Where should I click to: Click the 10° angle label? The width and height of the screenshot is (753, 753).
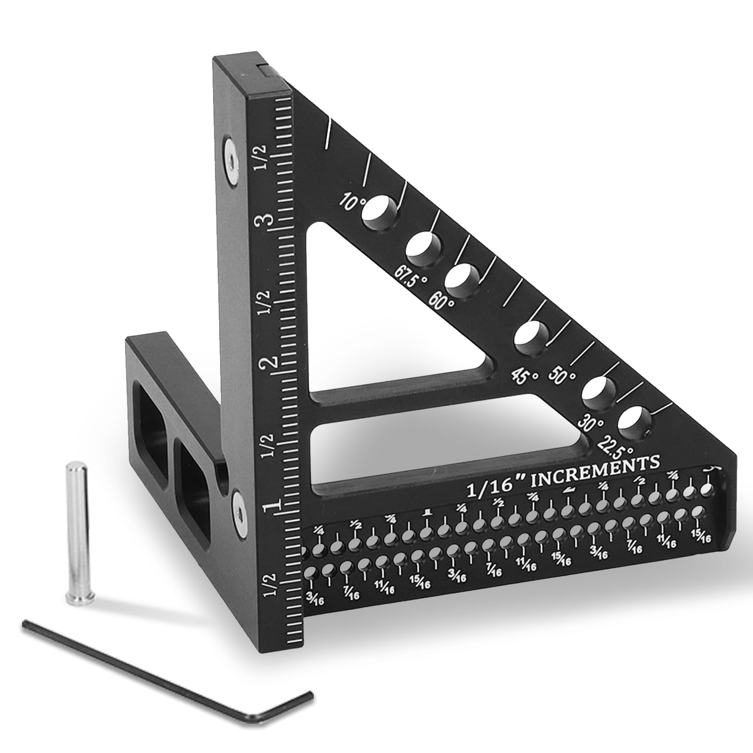(354, 203)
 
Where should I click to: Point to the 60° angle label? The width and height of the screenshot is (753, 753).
(443, 301)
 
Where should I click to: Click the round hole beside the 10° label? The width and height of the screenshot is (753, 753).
(379, 213)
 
